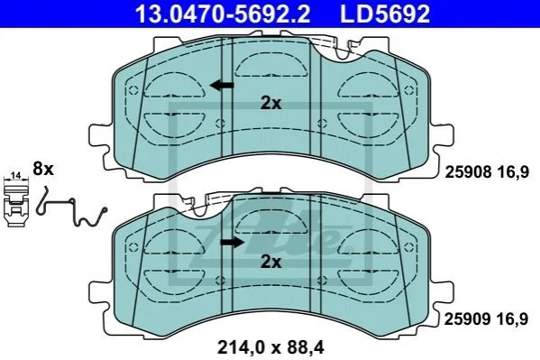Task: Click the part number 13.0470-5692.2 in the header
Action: pyautogui.click(x=223, y=14)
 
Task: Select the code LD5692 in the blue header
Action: pyautogui.click(x=385, y=14)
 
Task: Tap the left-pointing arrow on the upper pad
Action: pyautogui.click(x=222, y=85)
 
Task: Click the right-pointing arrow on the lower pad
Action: pyautogui.click(x=232, y=243)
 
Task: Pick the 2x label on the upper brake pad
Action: pyautogui.click(x=270, y=103)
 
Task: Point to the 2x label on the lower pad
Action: pyautogui.click(x=270, y=262)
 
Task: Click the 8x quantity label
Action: pyautogui.click(x=43, y=169)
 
